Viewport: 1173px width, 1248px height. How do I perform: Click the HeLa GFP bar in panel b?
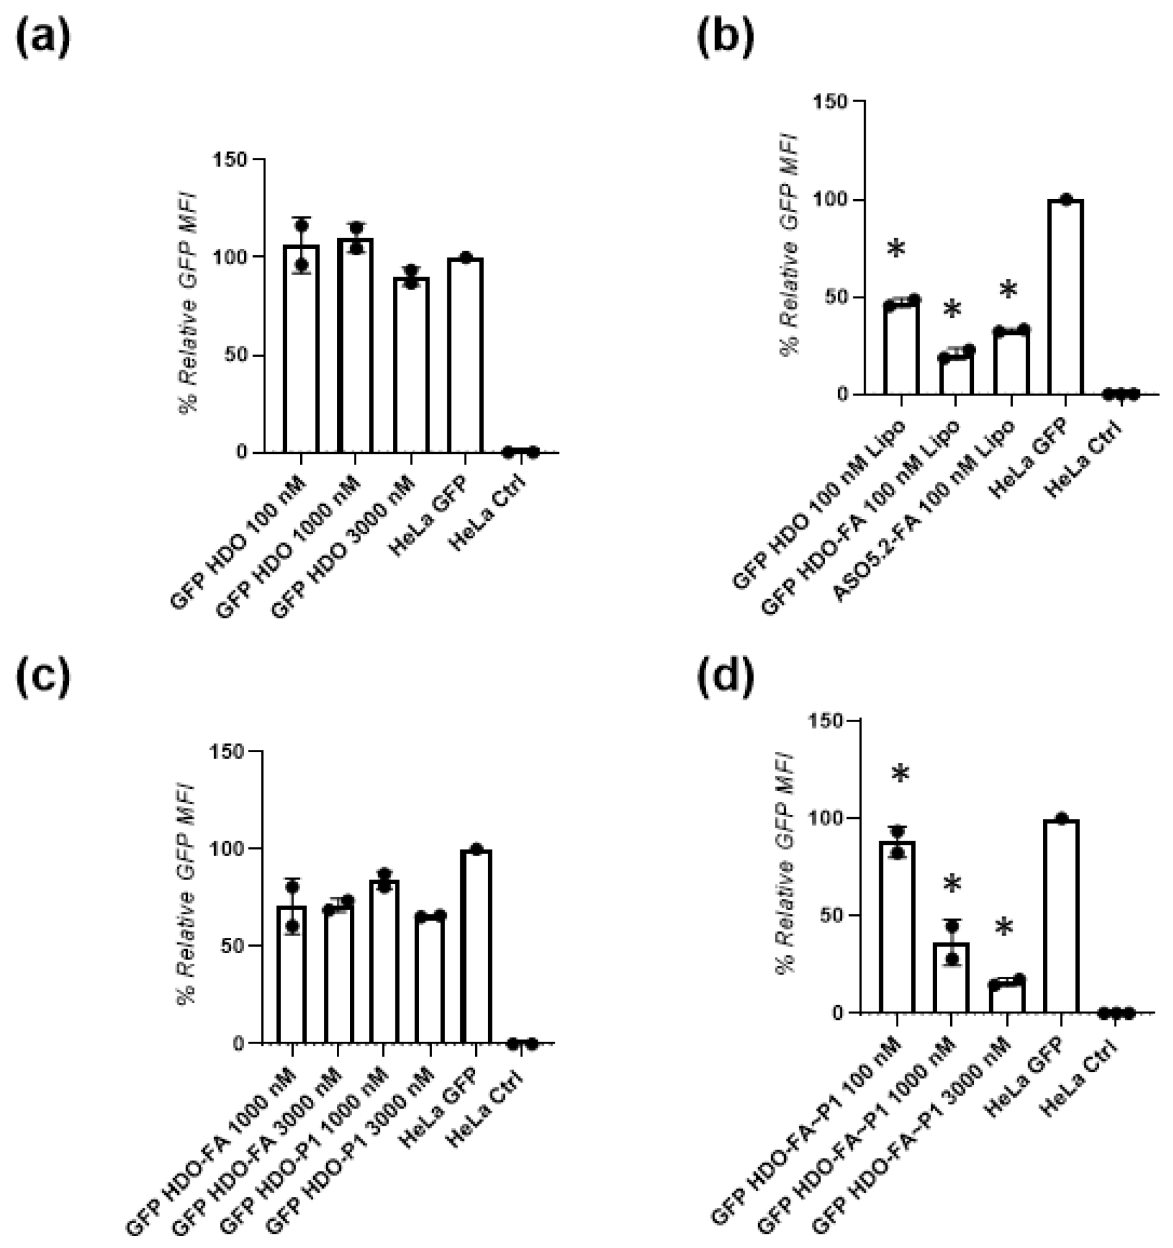pos(1065,298)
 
